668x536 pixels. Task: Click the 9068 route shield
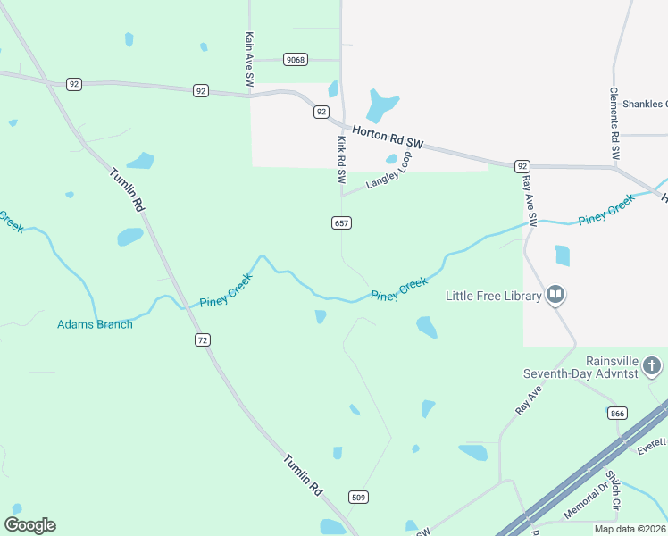coord(295,60)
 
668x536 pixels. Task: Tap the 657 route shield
coord(341,222)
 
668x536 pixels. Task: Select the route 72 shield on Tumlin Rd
coord(203,339)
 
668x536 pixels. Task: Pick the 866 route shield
coord(616,413)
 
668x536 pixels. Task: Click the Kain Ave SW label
coord(249,61)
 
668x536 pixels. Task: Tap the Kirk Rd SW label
coord(340,160)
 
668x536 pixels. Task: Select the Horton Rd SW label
coord(388,136)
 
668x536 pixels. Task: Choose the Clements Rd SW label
coord(614,123)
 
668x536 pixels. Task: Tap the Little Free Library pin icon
coord(555,294)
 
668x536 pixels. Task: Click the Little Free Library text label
coord(494,296)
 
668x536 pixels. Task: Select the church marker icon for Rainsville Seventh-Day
coord(652,365)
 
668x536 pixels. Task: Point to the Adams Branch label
coord(95,324)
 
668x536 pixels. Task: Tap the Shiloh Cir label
coord(614,492)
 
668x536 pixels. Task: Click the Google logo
coord(29,525)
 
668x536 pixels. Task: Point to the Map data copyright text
coord(630,529)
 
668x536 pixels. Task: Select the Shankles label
coord(644,103)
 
